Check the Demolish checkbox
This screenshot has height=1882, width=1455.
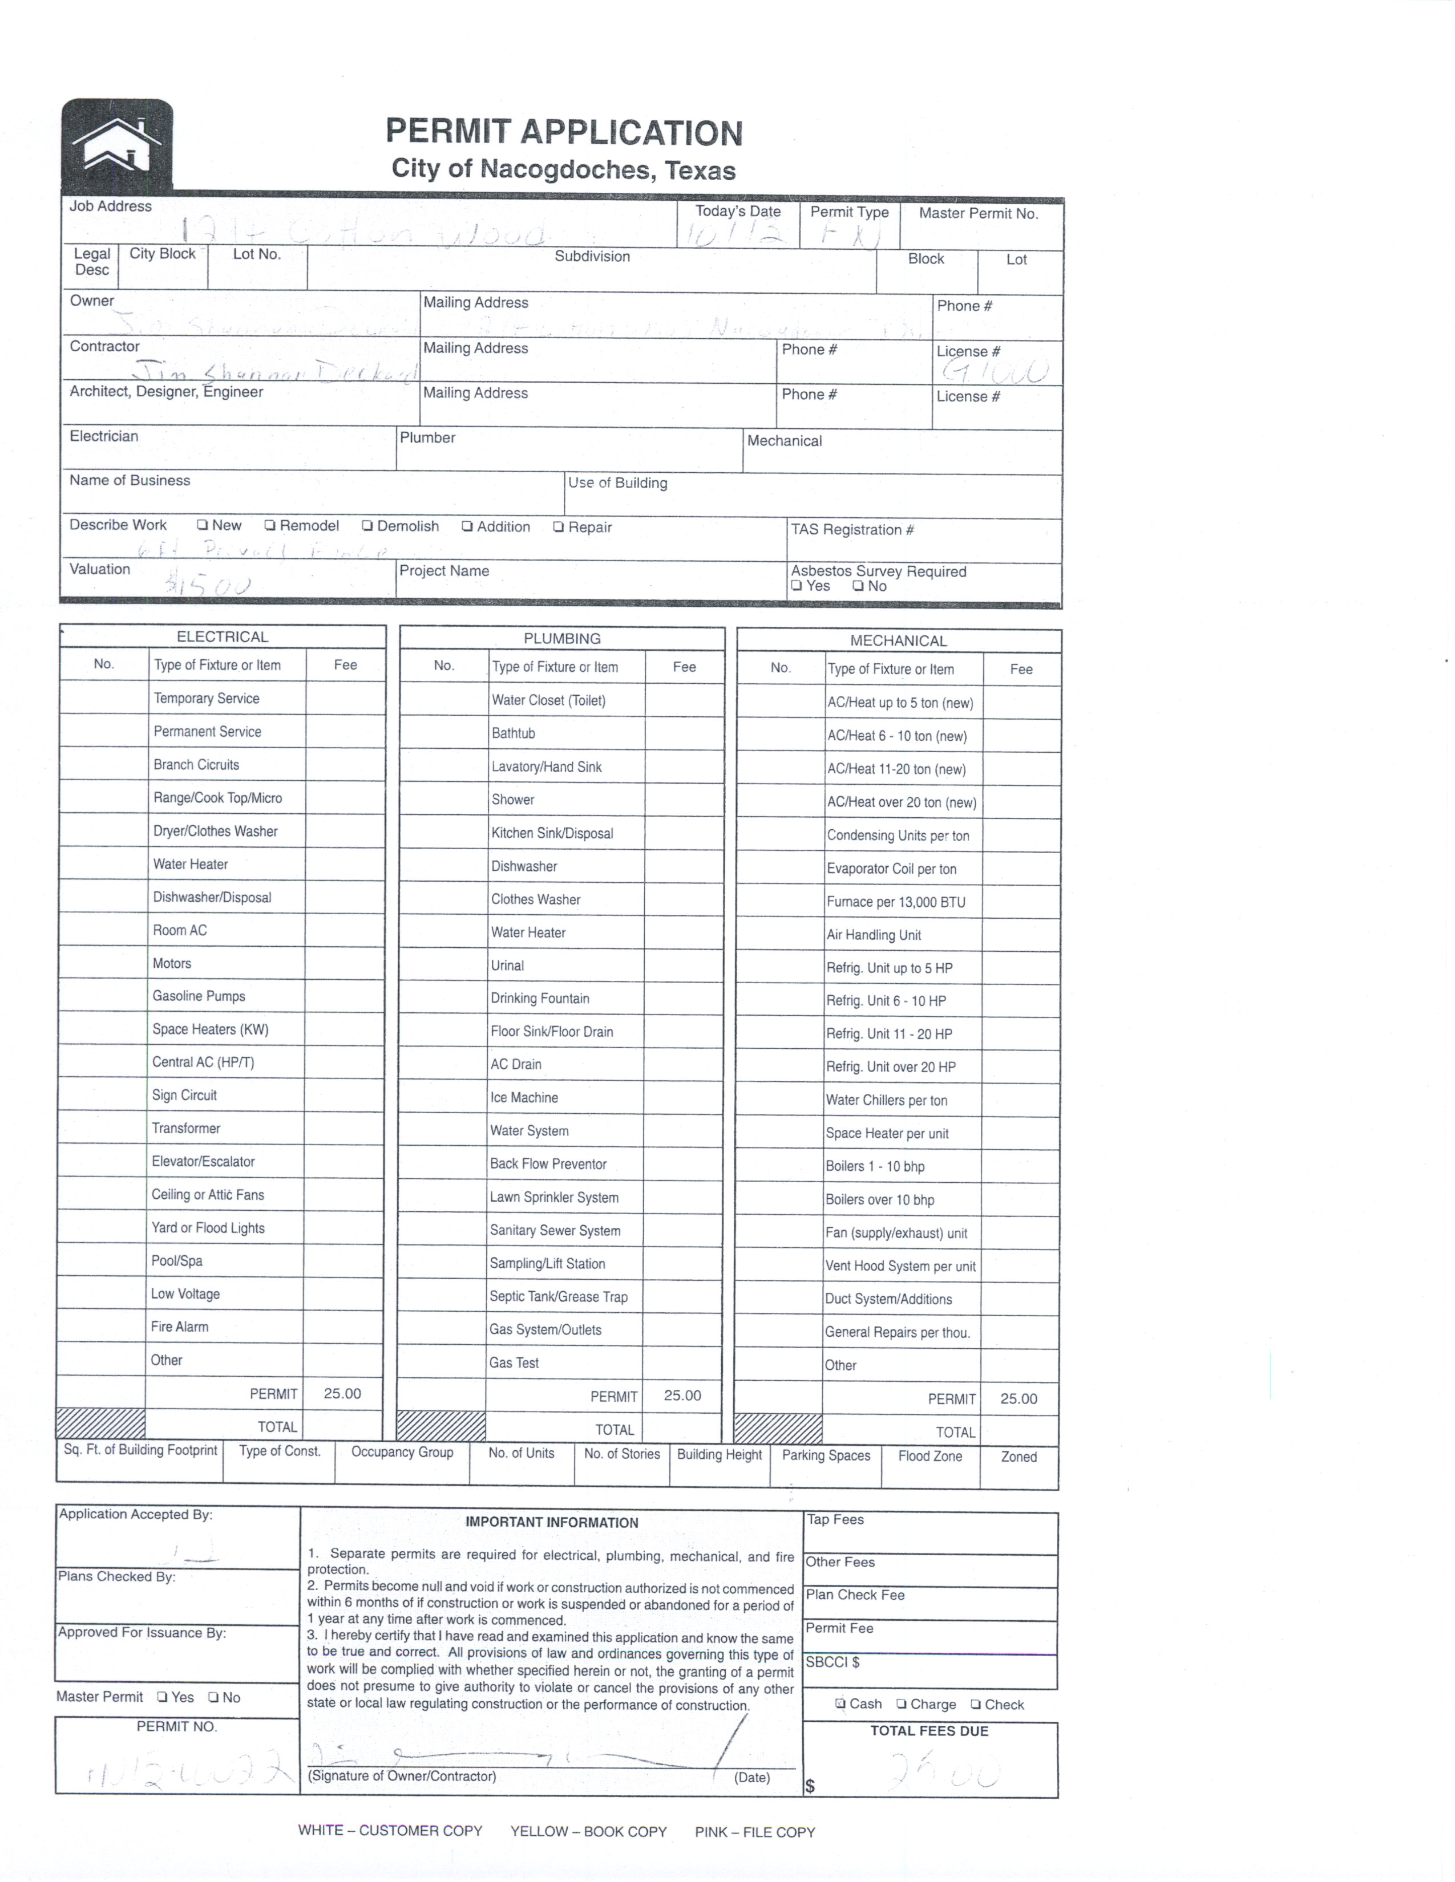tap(367, 526)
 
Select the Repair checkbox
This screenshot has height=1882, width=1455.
tap(559, 526)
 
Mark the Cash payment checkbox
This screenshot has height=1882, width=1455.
tap(840, 1703)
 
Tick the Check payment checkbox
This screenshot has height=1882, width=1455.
tap(976, 1705)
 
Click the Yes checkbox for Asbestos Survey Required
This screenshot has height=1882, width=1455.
tap(797, 586)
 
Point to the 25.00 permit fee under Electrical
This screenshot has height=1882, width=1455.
tap(342, 1393)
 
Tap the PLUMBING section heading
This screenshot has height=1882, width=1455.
tap(562, 639)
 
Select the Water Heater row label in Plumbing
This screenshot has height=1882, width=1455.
tap(528, 932)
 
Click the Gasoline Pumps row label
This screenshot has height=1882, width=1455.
tap(199, 996)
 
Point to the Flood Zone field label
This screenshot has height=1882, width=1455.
tap(929, 1457)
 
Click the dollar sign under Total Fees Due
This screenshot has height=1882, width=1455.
tap(810, 1786)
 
